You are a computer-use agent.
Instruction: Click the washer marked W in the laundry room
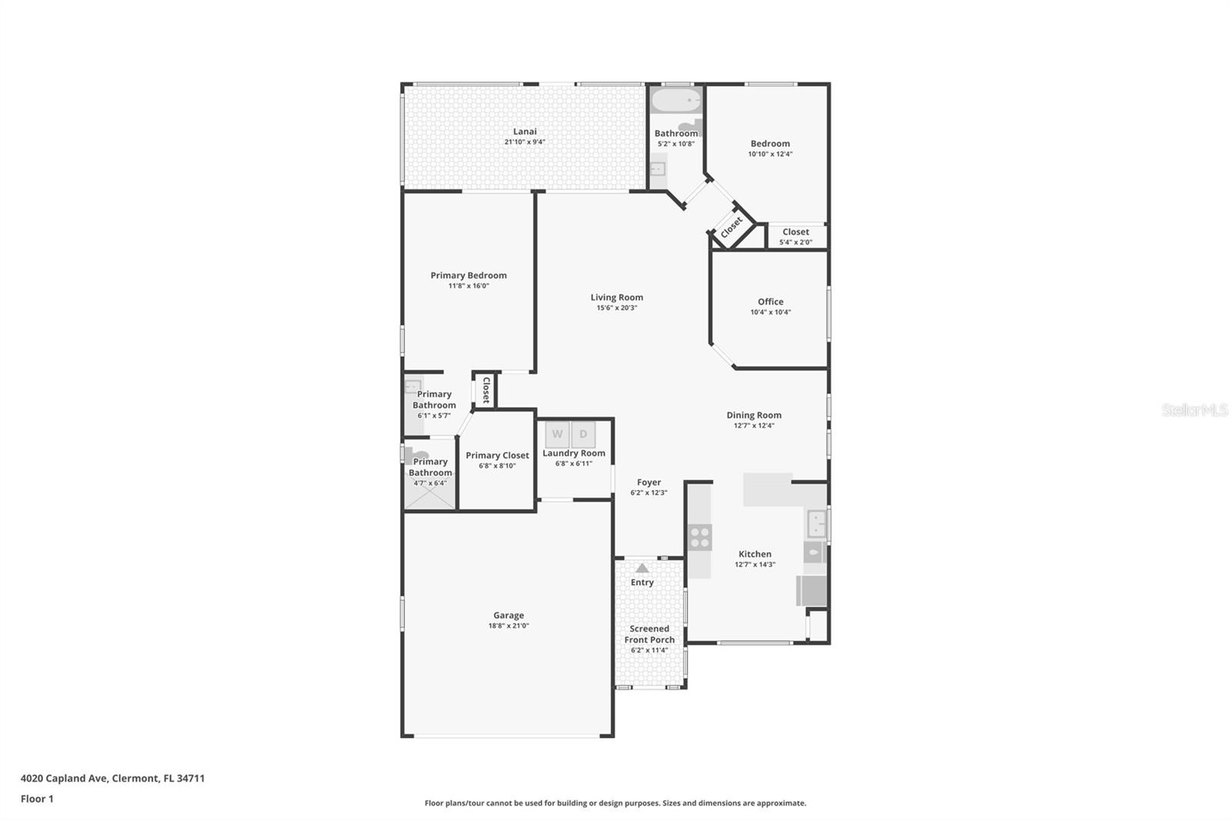557,435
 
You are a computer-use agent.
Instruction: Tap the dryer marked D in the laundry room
583,435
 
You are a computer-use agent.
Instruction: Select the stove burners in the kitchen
700,537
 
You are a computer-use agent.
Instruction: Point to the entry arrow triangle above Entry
642,568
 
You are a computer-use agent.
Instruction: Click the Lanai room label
525,132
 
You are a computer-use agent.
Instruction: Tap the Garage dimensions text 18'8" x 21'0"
509,626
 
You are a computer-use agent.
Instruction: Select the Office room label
770,302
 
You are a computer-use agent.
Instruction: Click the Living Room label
616,298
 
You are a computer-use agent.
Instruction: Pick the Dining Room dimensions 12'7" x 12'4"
753,425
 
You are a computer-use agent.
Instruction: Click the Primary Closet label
497,455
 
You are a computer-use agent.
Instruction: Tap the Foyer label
649,482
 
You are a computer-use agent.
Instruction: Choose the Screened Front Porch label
649,634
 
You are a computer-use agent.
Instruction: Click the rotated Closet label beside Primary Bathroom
485,390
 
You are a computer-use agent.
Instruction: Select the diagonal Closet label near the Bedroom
731,227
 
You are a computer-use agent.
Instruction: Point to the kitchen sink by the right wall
816,525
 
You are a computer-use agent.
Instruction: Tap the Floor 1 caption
37,799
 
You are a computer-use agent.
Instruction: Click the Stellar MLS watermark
1193,410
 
